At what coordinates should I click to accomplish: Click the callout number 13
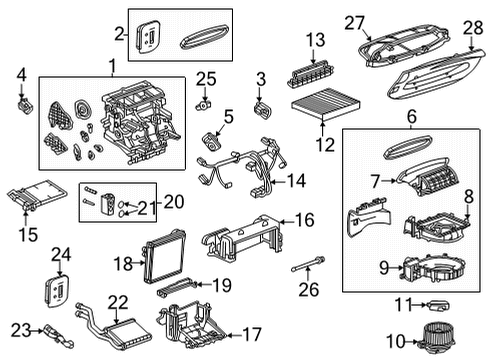pyautogui.click(x=316, y=39)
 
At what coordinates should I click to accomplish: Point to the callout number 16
pyautogui.click(x=305, y=218)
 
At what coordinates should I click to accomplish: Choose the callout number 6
pyautogui.click(x=411, y=116)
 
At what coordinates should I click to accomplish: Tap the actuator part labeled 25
pyautogui.click(x=204, y=102)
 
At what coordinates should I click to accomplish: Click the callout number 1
pyautogui.click(x=112, y=67)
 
